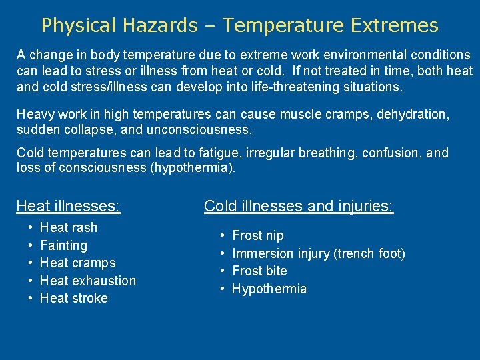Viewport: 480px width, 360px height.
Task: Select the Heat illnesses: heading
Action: pyautogui.click(x=68, y=206)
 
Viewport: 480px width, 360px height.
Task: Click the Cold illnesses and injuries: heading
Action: pyautogui.click(x=299, y=206)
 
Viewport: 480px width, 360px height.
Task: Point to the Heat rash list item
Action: pyautogui.click(x=69, y=227)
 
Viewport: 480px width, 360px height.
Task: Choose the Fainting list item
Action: pyautogui.click(x=63, y=245)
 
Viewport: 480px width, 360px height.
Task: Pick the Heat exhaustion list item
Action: pyautogui.click(x=88, y=281)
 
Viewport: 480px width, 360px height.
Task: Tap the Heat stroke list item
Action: pyautogui.click(x=74, y=298)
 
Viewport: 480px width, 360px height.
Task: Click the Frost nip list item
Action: pyautogui.click(x=257, y=235)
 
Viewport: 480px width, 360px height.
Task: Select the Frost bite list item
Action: pyautogui.click(x=259, y=271)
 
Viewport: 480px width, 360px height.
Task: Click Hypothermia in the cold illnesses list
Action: pyautogui.click(x=269, y=289)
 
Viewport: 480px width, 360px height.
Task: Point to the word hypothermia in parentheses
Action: pyautogui.click(x=194, y=167)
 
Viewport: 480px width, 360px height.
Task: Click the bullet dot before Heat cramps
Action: pyautogui.click(x=32, y=263)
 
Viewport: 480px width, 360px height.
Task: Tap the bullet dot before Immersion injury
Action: pyautogui.click(x=223, y=253)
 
